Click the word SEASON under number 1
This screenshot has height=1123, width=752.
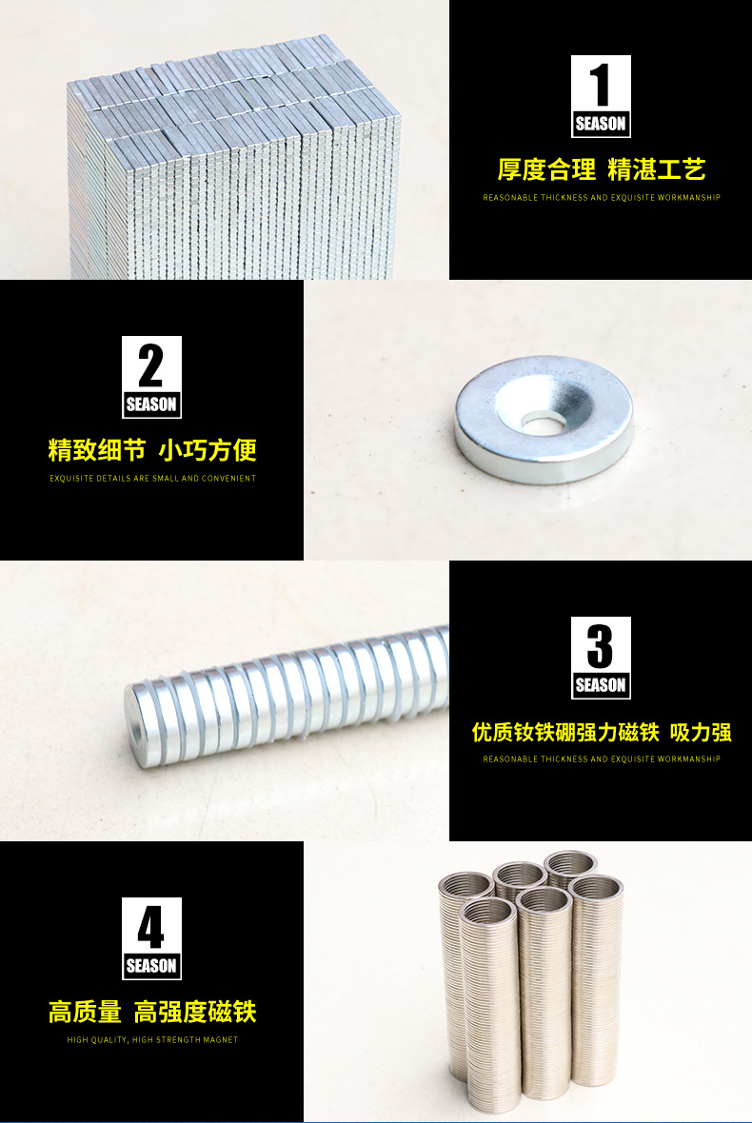pyautogui.click(x=601, y=124)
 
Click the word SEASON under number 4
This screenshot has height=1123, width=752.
pyautogui.click(x=151, y=966)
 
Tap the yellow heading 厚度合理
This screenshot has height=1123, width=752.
pyautogui.click(x=547, y=169)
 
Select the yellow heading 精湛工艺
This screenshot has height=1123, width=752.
pyautogui.click(x=657, y=169)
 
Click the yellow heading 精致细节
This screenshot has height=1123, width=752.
pyautogui.click(x=97, y=450)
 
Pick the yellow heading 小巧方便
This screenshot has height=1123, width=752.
pyautogui.click(x=208, y=450)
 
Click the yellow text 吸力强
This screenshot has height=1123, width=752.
pyautogui.click(x=701, y=732)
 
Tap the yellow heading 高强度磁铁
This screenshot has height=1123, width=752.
pyautogui.click(x=195, y=1012)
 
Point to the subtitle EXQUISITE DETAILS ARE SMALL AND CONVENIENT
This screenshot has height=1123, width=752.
pyautogui.click(x=152, y=479)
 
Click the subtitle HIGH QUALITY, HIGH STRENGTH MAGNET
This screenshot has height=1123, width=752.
pyautogui.click(x=152, y=1040)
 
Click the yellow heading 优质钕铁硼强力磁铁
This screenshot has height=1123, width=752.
pyautogui.click(x=565, y=732)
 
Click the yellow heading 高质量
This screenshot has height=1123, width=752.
pyautogui.click(x=85, y=1012)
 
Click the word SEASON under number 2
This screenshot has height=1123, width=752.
pyautogui.click(x=151, y=404)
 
